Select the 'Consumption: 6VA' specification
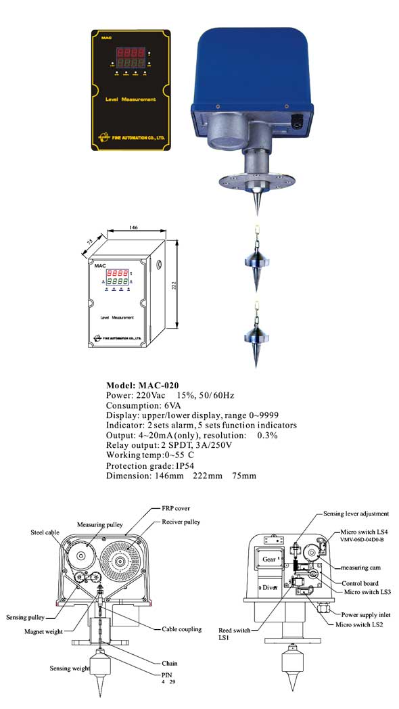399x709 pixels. click(x=138, y=405)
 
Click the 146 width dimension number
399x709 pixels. click(x=133, y=228)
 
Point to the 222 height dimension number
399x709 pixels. click(x=174, y=288)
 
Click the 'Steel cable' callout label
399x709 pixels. click(x=45, y=531)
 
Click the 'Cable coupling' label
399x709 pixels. click(x=181, y=628)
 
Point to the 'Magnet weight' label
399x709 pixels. click(x=43, y=632)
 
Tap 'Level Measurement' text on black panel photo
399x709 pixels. click(x=130, y=99)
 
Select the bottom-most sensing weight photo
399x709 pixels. click(x=256, y=338)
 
